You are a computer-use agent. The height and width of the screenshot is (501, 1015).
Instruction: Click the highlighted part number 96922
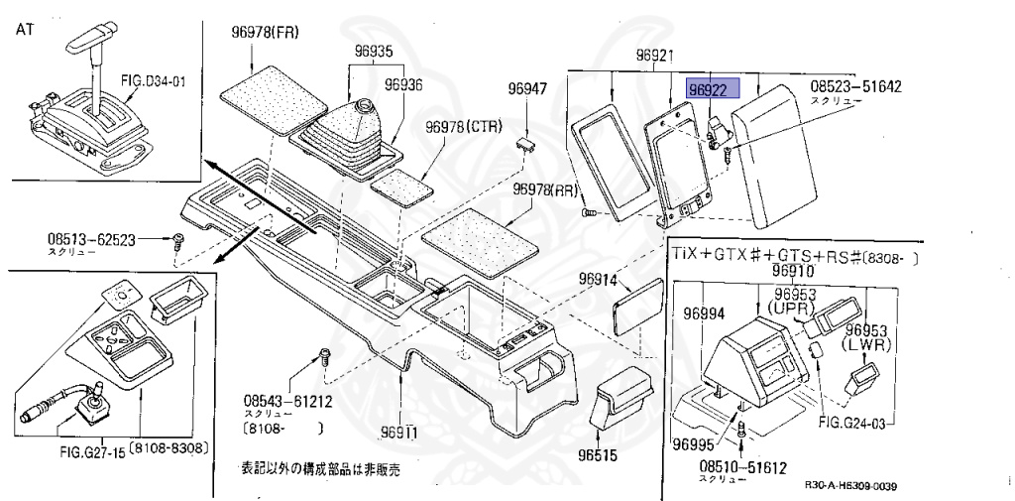click(708, 90)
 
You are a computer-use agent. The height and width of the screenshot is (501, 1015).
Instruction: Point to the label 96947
click(527, 88)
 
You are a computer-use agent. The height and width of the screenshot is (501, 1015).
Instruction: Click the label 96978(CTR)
click(465, 127)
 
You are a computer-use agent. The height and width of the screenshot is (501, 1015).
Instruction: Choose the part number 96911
click(399, 433)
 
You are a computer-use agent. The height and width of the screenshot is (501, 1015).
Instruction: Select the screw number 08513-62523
click(92, 239)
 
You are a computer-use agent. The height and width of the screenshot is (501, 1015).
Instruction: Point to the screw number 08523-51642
click(856, 87)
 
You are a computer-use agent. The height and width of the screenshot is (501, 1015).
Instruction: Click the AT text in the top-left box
click(25, 31)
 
